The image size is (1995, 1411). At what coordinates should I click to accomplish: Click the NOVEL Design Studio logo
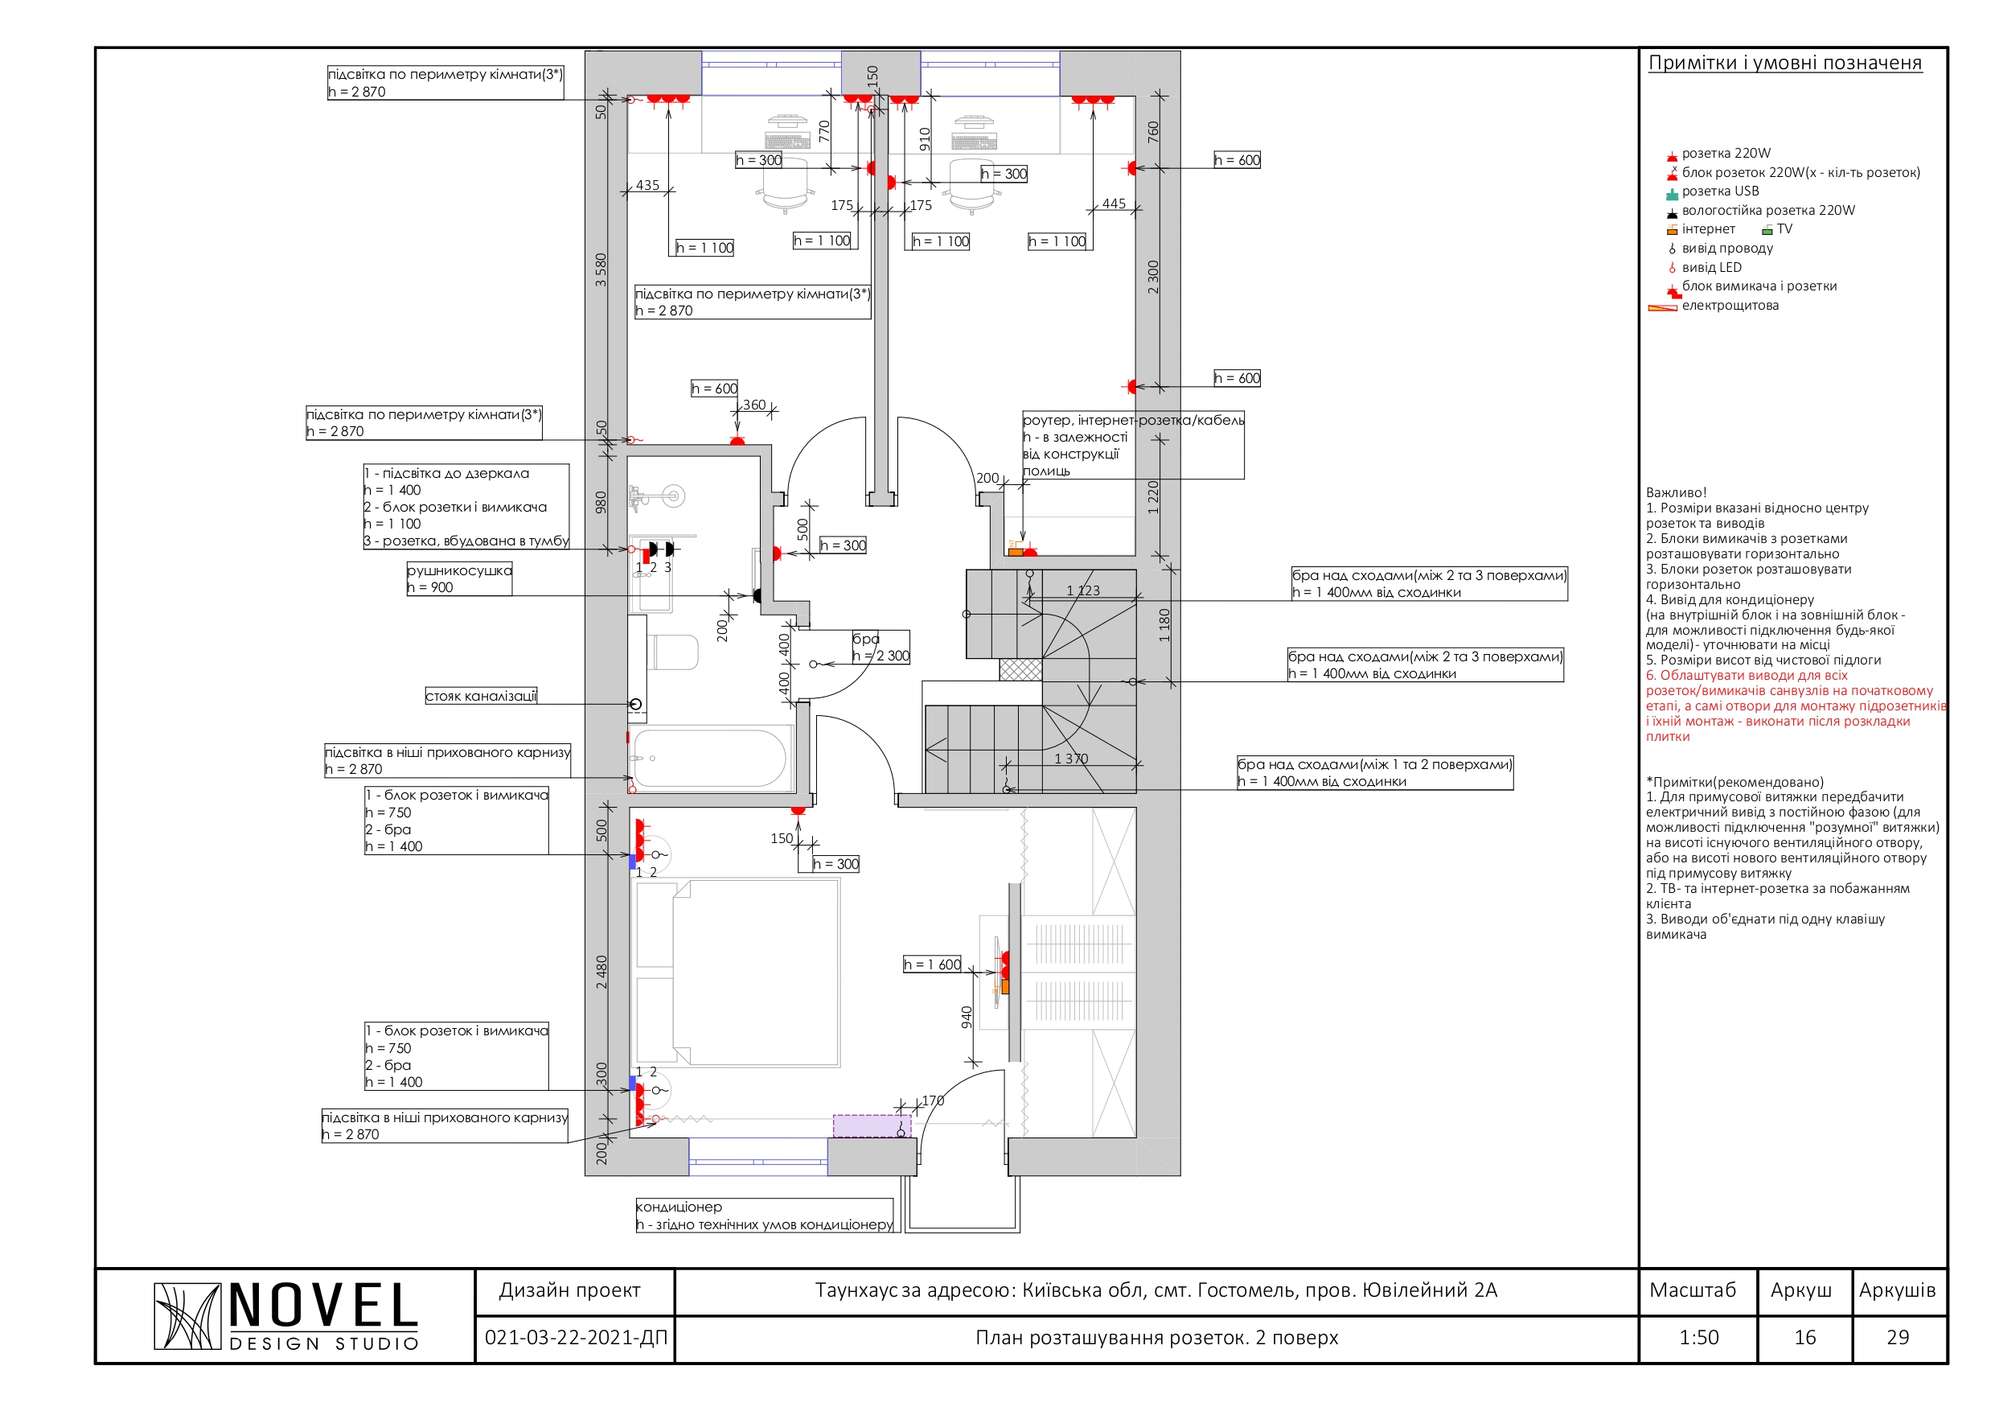[286, 1316]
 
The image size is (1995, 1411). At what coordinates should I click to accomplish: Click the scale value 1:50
[1699, 1338]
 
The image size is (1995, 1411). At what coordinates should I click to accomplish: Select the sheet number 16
[1804, 1338]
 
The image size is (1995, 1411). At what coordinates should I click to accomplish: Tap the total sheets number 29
[1898, 1338]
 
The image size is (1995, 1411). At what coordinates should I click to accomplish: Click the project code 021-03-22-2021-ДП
[575, 1338]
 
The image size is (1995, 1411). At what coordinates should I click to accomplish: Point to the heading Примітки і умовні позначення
[1785, 63]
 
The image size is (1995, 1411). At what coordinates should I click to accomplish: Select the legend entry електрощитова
[1729, 305]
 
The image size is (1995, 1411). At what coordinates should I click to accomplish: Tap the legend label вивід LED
[1711, 267]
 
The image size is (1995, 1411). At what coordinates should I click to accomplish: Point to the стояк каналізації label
[481, 696]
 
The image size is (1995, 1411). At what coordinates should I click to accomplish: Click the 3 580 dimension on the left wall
[601, 269]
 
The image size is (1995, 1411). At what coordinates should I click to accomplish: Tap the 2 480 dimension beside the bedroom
[601, 972]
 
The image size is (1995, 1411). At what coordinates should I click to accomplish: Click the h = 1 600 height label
[932, 965]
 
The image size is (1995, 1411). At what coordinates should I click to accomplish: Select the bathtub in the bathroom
[711, 758]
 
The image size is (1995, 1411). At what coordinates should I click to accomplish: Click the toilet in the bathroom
[672, 652]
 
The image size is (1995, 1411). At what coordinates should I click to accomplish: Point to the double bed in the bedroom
[737, 972]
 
